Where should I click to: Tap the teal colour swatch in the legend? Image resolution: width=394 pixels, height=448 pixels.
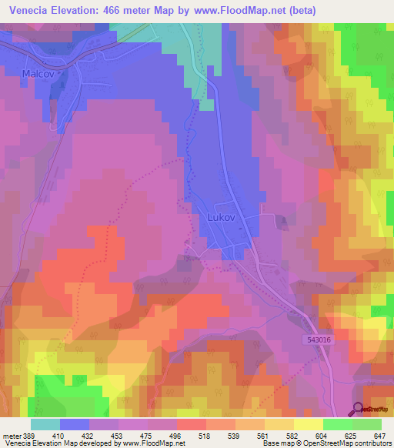45,424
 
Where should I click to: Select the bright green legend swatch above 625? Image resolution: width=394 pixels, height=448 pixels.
337,424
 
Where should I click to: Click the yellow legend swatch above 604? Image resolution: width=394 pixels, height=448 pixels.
308,424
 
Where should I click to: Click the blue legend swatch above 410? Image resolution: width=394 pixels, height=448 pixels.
74,424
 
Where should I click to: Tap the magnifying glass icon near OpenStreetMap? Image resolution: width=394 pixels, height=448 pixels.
358,409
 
